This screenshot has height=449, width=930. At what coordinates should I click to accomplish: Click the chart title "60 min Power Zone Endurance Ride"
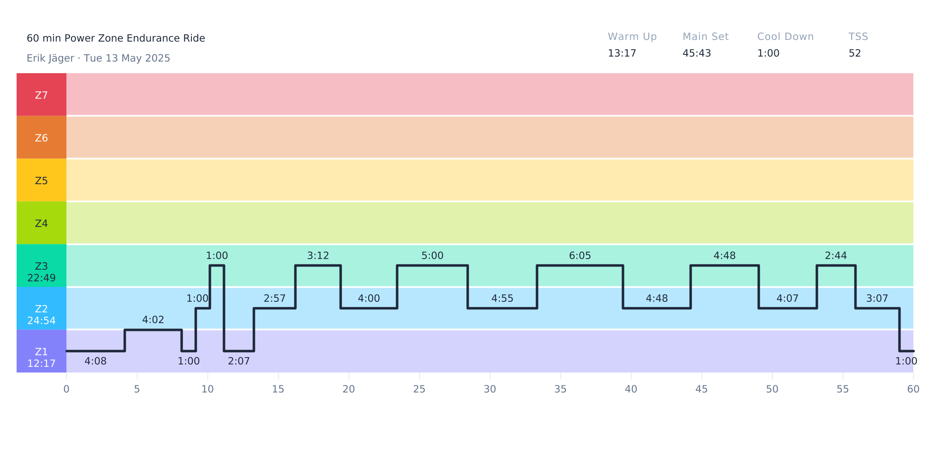pyautogui.click(x=116, y=38)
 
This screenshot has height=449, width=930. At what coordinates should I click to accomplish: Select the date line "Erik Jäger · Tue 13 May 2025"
pyautogui.click(x=98, y=58)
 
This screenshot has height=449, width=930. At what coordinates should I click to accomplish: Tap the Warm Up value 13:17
pyautogui.click(x=622, y=53)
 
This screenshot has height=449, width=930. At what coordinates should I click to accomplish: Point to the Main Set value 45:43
pyautogui.click(x=697, y=53)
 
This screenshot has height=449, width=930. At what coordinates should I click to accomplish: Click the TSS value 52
pyautogui.click(x=854, y=53)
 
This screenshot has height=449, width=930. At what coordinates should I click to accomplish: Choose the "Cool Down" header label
pyautogui.click(x=785, y=37)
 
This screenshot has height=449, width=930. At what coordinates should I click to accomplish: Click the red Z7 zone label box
pyautogui.click(x=42, y=95)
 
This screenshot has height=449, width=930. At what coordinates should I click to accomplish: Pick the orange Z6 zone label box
pyautogui.click(x=42, y=138)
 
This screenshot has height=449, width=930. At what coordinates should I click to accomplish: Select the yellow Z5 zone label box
pyautogui.click(x=42, y=181)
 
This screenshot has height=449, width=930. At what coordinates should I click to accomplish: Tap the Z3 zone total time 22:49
pyautogui.click(x=42, y=278)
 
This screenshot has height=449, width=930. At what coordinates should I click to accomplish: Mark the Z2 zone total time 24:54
pyautogui.click(x=42, y=321)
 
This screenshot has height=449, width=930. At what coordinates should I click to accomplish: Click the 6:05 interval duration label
pyautogui.click(x=580, y=256)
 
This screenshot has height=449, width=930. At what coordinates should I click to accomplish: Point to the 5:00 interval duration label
pyautogui.click(x=432, y=256)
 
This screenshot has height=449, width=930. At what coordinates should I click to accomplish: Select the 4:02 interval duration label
pyautogui.click(x=153, y=320)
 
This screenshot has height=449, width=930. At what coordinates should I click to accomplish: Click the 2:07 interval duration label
pyautogui.click(x=239, y=361)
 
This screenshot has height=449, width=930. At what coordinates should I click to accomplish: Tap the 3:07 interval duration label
pyautogui.click(x=877, y=299)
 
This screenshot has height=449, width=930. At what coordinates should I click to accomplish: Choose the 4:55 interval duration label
pyautogui.click(x=502, y=299)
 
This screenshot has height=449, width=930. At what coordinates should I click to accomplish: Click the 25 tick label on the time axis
pyautogui.click(x=419, y=389)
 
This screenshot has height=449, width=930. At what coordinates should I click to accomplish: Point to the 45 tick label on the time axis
pyautogui.click(x=702, y=389)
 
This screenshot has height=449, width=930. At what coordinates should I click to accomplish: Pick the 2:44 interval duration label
pyautogui.click(x=836, y=256)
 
